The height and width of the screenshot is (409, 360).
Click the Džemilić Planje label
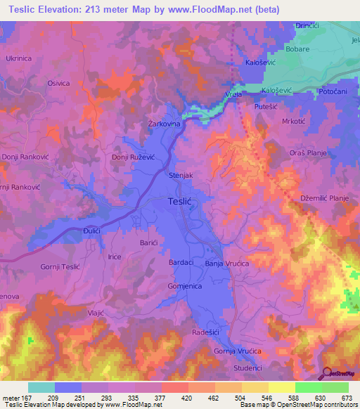point(325,199)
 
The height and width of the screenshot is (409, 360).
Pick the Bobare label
point(299,51)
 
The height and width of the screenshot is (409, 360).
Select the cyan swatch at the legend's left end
point(41,387)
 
